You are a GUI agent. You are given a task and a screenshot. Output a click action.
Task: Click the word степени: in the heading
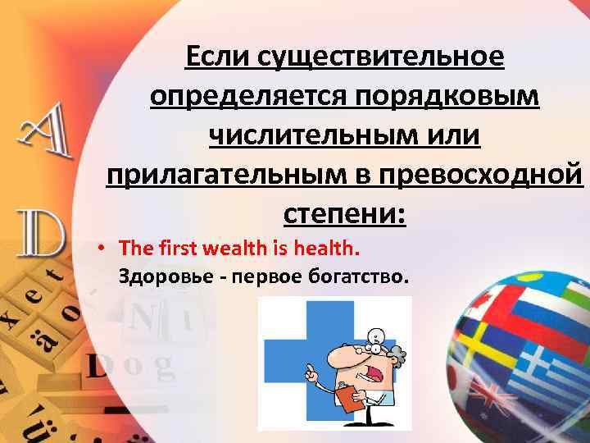point(344,214)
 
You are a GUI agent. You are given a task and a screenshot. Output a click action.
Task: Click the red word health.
point(324,246)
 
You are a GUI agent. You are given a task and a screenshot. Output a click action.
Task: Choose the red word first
point(178,246)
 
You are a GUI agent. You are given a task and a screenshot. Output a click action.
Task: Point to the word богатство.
point(362,276)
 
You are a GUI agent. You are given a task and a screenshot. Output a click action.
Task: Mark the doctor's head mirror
point(375,335)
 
